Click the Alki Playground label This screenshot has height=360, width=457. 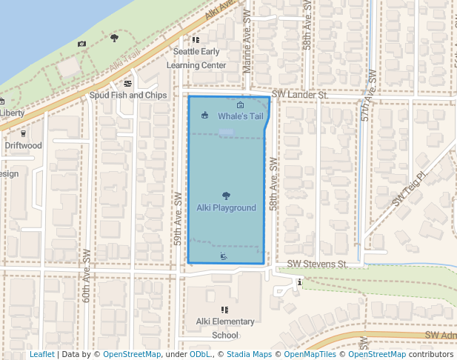226,208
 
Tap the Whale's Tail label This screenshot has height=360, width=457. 241,117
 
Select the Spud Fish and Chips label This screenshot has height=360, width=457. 128,96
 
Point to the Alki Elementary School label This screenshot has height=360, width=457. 225,328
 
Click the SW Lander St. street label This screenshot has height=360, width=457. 299,96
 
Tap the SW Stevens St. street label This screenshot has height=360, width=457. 317,264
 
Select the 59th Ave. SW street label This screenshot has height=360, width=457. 179,220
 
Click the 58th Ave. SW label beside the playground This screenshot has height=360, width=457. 273,183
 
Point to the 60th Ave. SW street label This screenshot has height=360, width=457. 87,276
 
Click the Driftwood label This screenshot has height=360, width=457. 24,146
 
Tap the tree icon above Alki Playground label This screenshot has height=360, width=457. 226,196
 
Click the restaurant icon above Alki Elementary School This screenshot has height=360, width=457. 224,310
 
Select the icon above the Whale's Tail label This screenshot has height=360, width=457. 240,105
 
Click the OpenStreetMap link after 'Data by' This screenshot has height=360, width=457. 131,355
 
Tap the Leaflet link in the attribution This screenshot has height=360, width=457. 41,355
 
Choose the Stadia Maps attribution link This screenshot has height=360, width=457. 249,355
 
